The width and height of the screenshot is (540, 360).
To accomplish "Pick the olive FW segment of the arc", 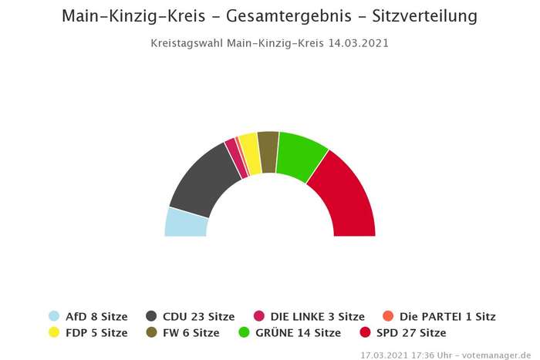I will click(268, 142).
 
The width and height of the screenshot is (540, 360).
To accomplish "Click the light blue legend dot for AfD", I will click(54, 316).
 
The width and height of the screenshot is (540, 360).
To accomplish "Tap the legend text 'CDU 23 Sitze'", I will click(199, 316).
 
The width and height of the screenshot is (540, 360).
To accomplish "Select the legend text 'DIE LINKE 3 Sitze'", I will click(317, 316).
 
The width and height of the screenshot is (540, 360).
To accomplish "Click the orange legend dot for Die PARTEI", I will click(388, 316).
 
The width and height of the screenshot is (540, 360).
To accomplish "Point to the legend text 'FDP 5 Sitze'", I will click(96, 333).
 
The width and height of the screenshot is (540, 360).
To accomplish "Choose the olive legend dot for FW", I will click(151, 333).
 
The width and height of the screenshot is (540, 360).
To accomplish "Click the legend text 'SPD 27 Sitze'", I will click(411, 333).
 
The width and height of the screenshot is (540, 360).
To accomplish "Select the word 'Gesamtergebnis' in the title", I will click(273, 15).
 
